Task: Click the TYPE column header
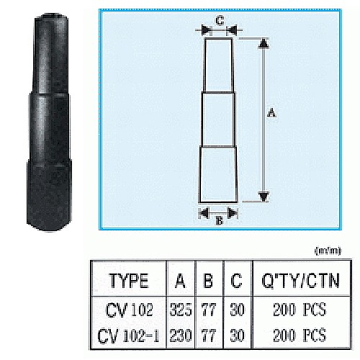[129, 280]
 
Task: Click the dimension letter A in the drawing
[271, 112]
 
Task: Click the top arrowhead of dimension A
[264, 45]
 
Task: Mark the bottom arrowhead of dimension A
[264, 196]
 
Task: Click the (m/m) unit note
[328, 250]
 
